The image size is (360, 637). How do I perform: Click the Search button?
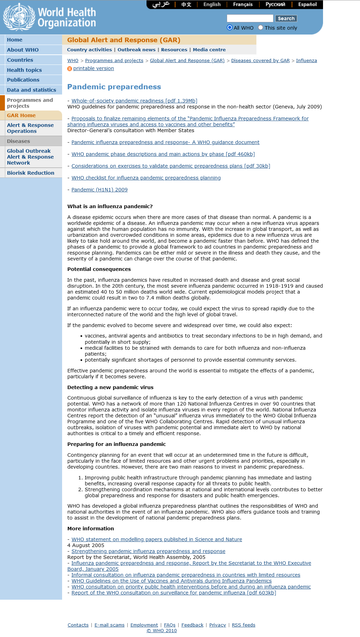click(x=286, y=18)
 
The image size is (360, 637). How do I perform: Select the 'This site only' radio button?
click(x=261, y=28)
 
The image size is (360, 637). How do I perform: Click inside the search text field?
click(x=250, y=18)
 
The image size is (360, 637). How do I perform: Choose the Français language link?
click(x=243, y=5)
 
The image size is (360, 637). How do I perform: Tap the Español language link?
click(x=307, y=5)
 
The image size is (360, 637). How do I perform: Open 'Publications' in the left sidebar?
click(x=23, y=80)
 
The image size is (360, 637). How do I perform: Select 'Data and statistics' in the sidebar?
click(x=31, y=90)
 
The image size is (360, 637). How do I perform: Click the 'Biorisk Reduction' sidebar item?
click(x=31, y=173)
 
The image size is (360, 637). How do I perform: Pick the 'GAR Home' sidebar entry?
click(x=21, y=115)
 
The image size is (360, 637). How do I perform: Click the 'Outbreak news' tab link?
click(x=136, y=50)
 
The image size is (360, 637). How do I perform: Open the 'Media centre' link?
click(x=209, y=50)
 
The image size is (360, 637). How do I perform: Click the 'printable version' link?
click(x=93, y=68)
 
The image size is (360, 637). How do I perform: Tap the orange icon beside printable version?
click(x=69, y=69)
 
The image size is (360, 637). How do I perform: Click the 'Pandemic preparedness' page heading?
click(x=114, y=87)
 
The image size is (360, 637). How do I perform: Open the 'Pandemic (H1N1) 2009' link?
click(x=99, y=190)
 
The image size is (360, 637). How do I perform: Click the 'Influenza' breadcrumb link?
click(x=306, y=61)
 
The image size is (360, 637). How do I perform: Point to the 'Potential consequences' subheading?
click(x=99, y=269)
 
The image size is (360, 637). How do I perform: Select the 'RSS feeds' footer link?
click(x=243, y=625)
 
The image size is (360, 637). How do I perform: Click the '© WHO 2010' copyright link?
click(x=162, y=631)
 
